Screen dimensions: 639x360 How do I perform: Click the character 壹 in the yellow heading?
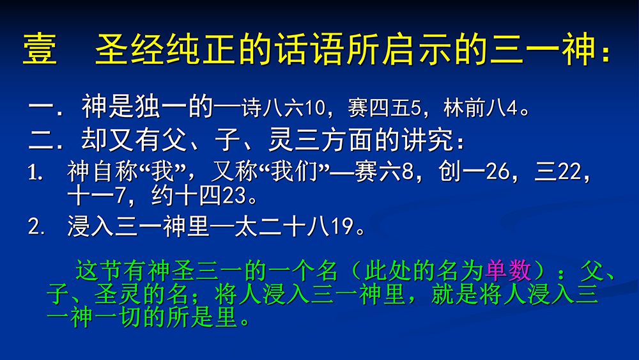pyautogui.click(x=40, y=50)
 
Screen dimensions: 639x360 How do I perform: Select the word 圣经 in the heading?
pyautogui.click(x=130, y=50)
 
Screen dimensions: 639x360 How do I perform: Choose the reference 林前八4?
pyautogui.click(x=481, y=107)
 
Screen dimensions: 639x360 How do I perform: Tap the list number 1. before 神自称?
pyautogui.click(x=36, y=173)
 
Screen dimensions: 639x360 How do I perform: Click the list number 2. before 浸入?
pyautogui.click(x=36, y=227)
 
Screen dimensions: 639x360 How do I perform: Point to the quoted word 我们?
pyautogui.click(x=294, y=171)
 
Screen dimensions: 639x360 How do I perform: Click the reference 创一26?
pyautogui.click(x=473, y=171)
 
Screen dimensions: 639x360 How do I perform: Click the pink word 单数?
pyautogui.click(x=508, y=270)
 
